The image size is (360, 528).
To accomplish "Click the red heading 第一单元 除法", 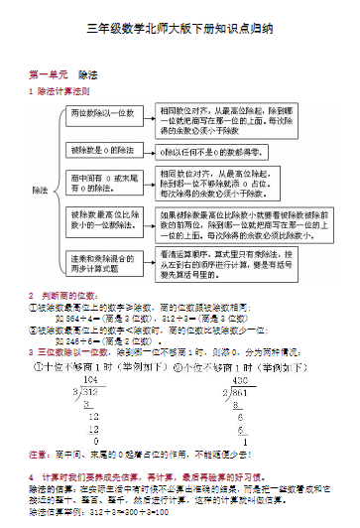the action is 62,73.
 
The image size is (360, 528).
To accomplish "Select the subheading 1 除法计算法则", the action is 60,90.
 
